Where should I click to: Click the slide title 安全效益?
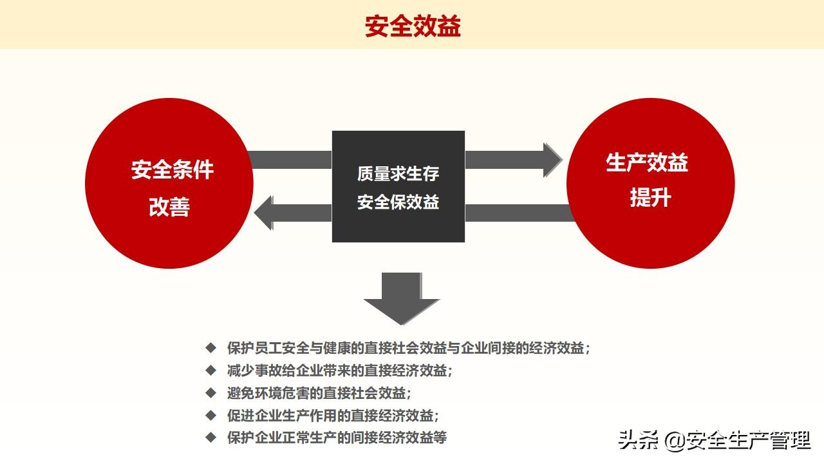pyautogui.click(x=413, y=27)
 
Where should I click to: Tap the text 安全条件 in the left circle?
pyautogui.click(x=172, y=170)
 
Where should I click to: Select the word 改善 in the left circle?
pyautogui.click(x=169, y=207)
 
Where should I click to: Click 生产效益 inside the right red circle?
pyautogui.click(x=646, y=162)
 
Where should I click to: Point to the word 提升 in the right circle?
pyautogui.click(x=650, y=198)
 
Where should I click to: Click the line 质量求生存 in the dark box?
pyautogui.click(x=398, y=173)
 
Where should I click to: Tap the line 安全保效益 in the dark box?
pyautogui.click(x=398, y=202)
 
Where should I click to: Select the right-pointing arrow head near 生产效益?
pyautogui.click(x=552, y=160)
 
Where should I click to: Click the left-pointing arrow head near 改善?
pyautogui.click(x=265, y=213)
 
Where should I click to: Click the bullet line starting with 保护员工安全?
pyautogui.click(x=409, y=348)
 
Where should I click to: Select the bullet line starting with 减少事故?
pyautogui.click(x=339, y=371)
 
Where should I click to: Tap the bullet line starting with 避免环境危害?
pyautogui.click(x=319, y=393)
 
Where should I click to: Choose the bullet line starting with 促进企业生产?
pyautogui.click(x=333, y=416)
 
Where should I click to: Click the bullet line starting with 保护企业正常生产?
pyautogui.click(x=337, y=438)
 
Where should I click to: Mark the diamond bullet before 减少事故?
pyautogui.click(x=211, y=371)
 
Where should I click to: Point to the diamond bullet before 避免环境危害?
pyautogui.click(x=211, y=393)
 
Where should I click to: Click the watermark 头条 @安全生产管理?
pyautogui.click(x=713, y=441)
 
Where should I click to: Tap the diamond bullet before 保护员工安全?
pyautogui.click(x=211, y=348)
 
